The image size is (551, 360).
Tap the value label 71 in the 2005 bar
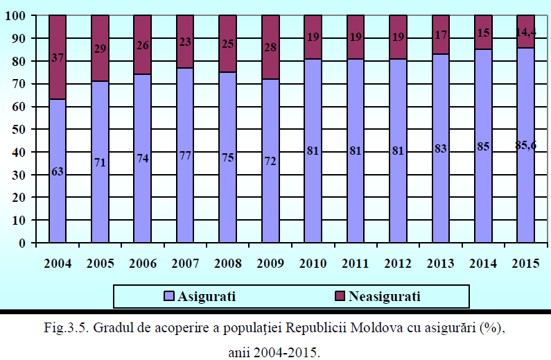(100, 162)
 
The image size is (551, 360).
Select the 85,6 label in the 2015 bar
(525, 145)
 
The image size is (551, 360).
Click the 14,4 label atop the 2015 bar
(525, 32)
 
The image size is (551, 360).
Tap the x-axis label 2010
(313, 264)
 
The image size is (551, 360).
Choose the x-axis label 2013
(441, 264)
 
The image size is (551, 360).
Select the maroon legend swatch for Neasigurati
(340, 296)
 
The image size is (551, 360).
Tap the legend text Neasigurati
(385, 296)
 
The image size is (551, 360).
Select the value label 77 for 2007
(185, 155)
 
